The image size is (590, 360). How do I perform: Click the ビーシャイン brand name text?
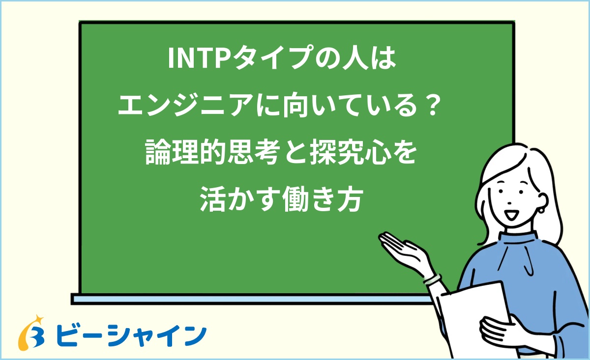131,335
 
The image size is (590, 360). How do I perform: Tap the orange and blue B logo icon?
31,332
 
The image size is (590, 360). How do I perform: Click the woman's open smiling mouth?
511,214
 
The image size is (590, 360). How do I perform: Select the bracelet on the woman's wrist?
432,279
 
